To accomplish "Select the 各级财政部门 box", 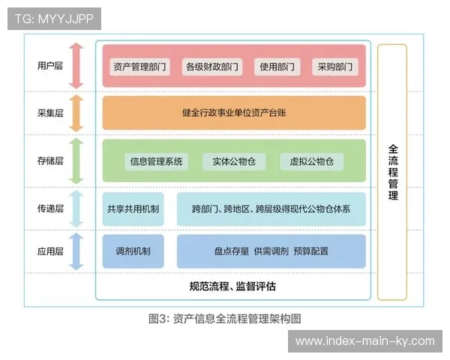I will tap(212, 67).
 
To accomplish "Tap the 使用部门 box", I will tap(277, 67).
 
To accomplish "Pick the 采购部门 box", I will tap(334, 67).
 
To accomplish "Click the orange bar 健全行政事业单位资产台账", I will tap(234, 112).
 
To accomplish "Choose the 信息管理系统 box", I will tap(156, 161).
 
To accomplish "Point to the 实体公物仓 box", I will tap(229, 161).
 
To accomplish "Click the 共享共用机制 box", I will tap(133, 209).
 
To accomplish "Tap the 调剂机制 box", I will tap(133, 251).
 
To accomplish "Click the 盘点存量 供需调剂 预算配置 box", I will tap(271, 251).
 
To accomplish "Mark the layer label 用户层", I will tap(49, 66).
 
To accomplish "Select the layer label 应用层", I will tap(49, 251).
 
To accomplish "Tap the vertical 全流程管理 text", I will tap(393, 172).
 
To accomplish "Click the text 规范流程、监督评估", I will tap(232, 286).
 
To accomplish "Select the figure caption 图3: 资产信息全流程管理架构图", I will tap(225, 318).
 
